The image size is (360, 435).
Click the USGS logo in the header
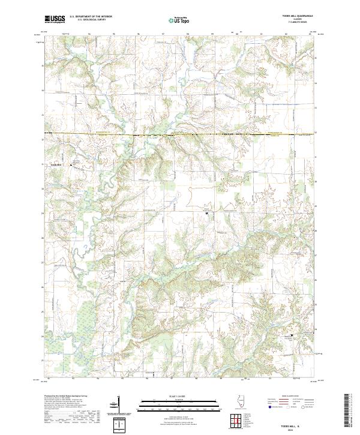pyautogui.click(x=55, y=19)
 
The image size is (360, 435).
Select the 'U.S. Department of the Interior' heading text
pyautogui.click(x=91, y=17)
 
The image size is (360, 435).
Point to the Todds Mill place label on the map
pyautogui.click(x=56, y=163)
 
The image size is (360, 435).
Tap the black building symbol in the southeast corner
pyautogui.click(x=293, y=335)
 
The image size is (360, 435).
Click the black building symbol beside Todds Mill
pyautogui.click(x=71, y=163)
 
